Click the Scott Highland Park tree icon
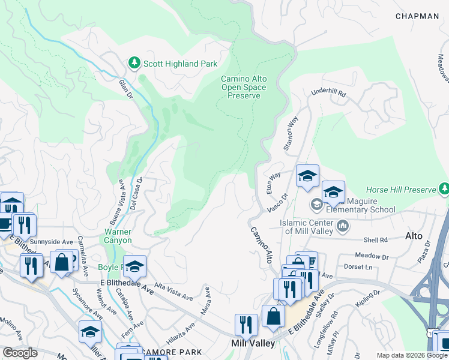(x=135, y=62)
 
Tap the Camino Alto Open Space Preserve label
(x=244, y=87)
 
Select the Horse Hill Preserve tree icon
(x=444, y=190)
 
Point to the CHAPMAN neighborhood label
(x=417, y=16)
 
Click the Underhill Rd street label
(x=328, y=93)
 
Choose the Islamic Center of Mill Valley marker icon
(x=343, y=226)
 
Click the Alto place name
(x=414, y=236)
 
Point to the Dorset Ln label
(x=358, y=266)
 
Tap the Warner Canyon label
(x=118, y=236)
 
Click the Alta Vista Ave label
(x=173, y=292)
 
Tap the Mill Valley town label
(x=253, y=343)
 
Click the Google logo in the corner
(x=20, y=353)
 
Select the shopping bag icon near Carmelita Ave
(x=62, y=262)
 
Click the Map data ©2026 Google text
(x=412, y=355)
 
